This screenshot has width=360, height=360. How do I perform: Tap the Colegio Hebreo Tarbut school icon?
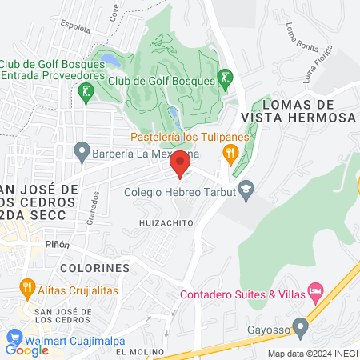click(246, 186)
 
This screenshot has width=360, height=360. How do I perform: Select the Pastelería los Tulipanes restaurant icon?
click(231, 152)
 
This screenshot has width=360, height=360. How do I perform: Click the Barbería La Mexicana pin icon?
click(81, 150)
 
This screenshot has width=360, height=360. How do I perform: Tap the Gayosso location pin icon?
click(300, 326)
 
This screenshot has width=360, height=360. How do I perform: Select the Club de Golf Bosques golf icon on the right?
click(227, 78)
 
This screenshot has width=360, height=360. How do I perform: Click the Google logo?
click(27, 350)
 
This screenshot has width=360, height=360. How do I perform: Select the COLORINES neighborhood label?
click(94, 266)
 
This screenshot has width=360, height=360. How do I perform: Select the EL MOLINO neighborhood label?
click(139, 352)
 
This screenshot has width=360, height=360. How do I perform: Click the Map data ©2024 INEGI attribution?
click(312, 354)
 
